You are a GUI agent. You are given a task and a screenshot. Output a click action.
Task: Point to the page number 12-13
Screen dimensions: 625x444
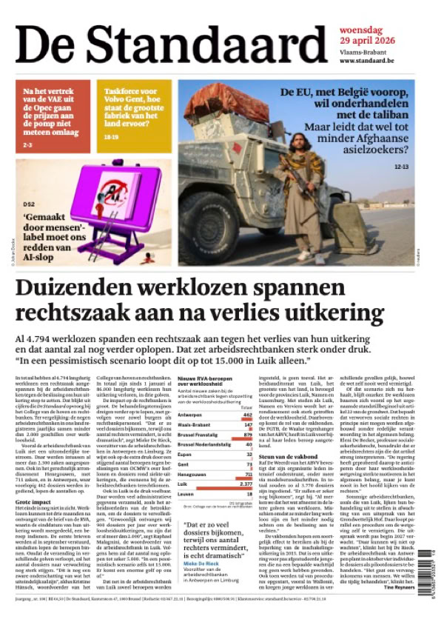coord(401,167)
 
